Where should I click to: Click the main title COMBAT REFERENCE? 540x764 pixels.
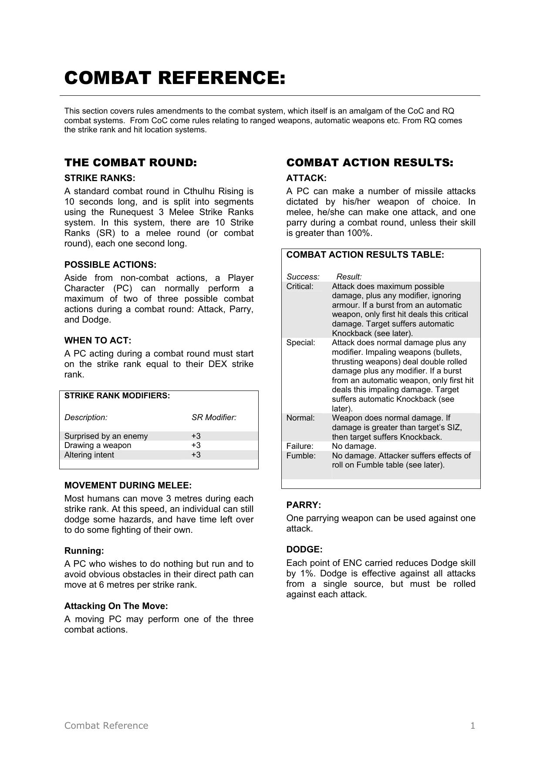pyautogui.click(x=175, y=78)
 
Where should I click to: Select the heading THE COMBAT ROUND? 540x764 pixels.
pyautogui.click(x=131, y=163)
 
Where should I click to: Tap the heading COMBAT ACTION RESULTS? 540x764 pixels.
pyautogui.click(x=370, y=163)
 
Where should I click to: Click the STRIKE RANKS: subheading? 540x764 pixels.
pyautogui.click(x=100, y=178)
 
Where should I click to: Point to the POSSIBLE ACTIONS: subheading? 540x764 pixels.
pyautogui.click(x=110, y=265)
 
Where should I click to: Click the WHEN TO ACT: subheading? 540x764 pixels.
pyautogui.click(x=98, y=340)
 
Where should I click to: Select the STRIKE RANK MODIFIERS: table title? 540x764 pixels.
pyautogui.click(x=117, y=396)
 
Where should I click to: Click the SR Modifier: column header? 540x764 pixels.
pyautogui.click(x=214, y=417)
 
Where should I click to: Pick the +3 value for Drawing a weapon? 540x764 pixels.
pyautogui.click(x=196, y=445)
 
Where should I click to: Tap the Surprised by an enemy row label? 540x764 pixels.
pyautogui.click(x=106, y=436)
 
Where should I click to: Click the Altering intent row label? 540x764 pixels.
pyautogui.click(x=89, y=455)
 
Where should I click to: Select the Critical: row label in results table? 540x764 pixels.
pyautogui.click(x=300, y=286)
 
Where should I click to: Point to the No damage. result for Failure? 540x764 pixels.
pyautogui.click(x=354, y=446)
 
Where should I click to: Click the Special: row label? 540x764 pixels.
pyautogui.click(x=300, y=343)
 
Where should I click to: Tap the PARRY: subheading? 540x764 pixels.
pyautogui.click(x=304, y=505)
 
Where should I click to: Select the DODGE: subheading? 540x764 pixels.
pyautogui.click(x=304, y=549)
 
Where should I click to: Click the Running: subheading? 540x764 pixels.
pyautogui.click(x=84, y=551)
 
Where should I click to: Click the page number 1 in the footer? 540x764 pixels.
pyautogui.click(x=472, y=725)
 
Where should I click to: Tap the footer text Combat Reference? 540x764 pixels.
pyautogui.click(x=106, y=725)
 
